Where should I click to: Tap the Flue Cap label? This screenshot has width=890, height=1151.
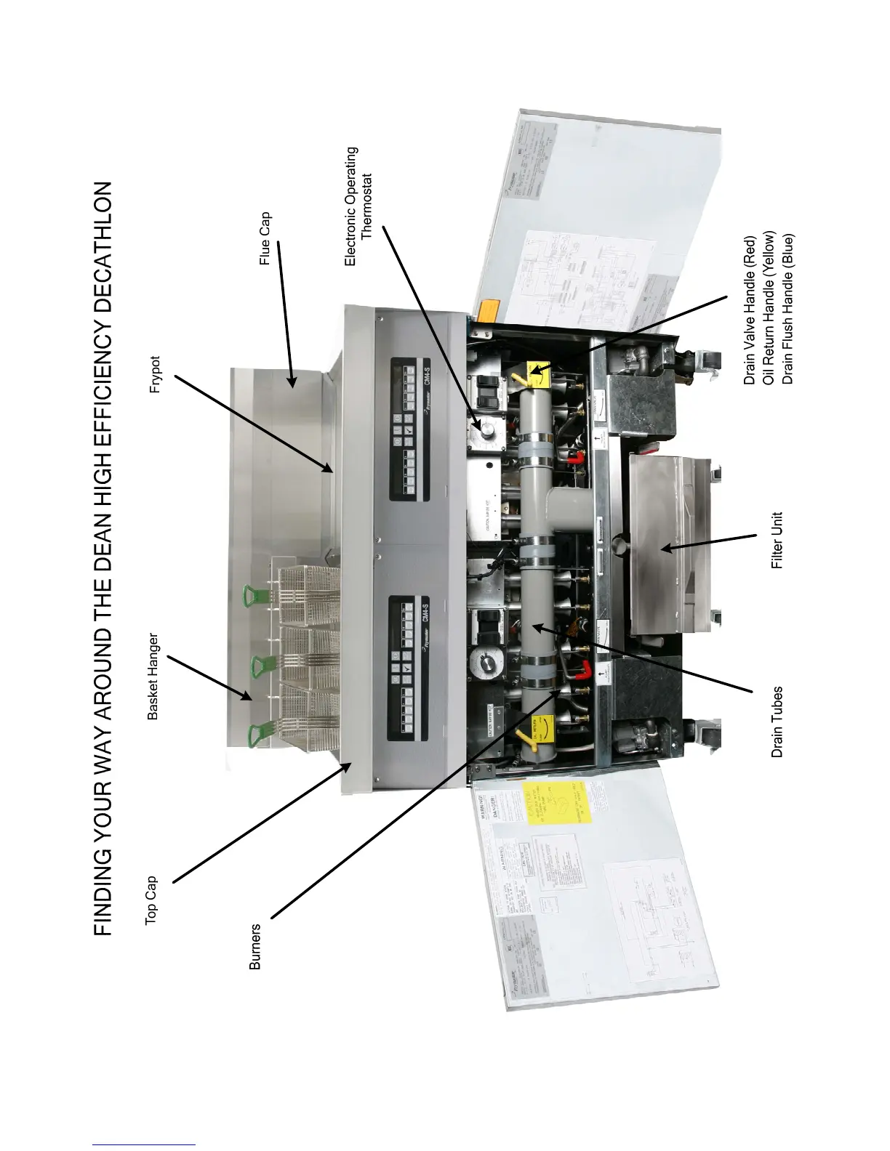pos(265,238)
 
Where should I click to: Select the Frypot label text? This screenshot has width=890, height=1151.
pos(154,374)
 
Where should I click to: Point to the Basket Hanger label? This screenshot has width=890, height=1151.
pos(153,677)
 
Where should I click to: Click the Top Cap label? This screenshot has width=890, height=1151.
pos(151,900)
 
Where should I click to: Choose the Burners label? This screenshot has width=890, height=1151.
pos(254,946)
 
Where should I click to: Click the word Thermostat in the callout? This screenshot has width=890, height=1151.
pos(366,206)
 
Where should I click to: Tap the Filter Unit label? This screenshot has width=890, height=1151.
pos(777,540)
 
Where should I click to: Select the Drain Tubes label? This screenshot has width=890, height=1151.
pos(777,722)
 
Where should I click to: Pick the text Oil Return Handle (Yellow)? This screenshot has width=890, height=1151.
pos(769,308)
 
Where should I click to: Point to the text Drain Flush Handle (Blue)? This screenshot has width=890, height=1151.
pos(788,309)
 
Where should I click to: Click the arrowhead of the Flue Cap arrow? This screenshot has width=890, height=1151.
pos(292,382)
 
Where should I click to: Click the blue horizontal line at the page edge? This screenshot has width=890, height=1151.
pos(143,1145)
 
